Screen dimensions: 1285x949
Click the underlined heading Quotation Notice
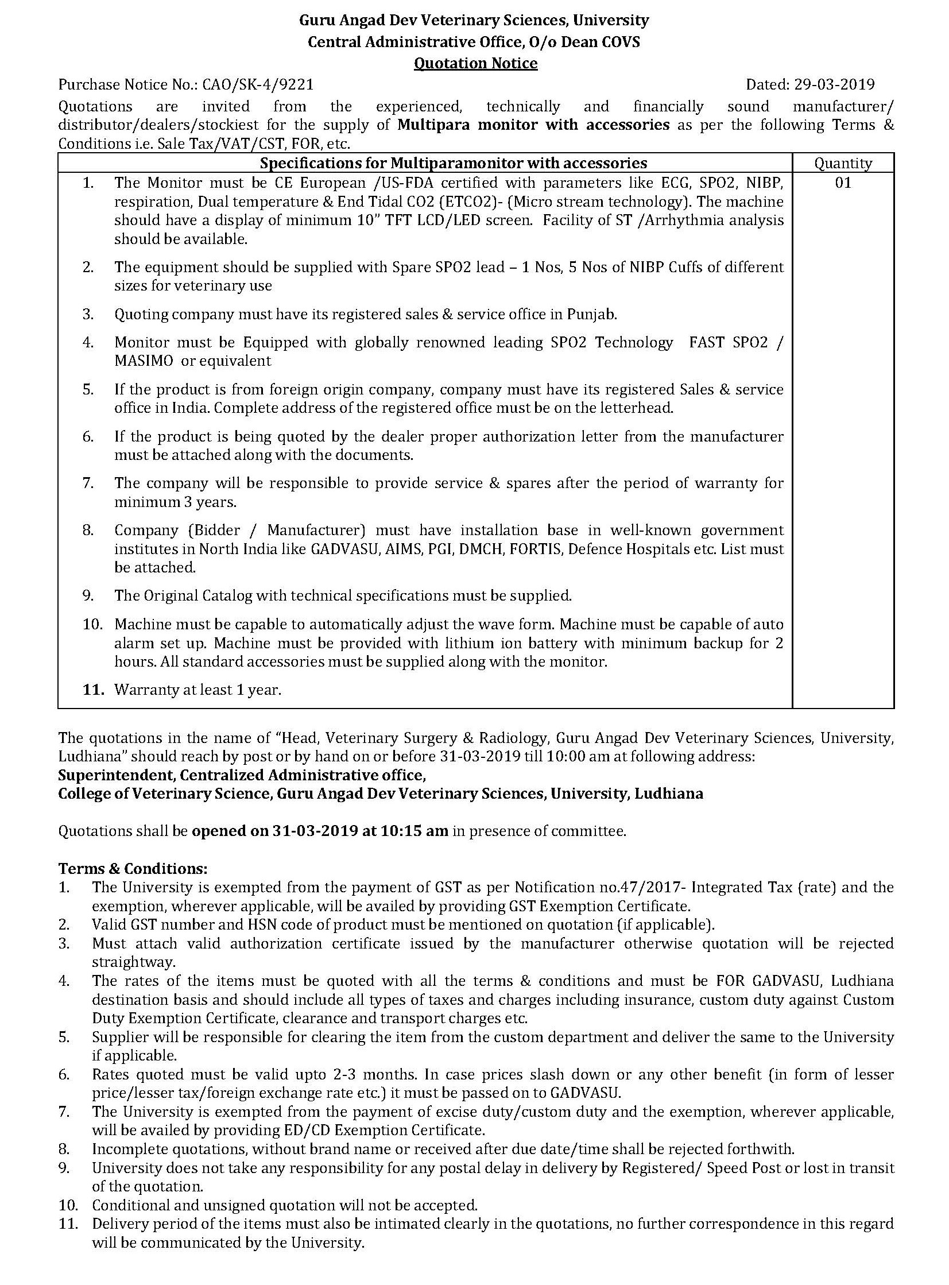tap(476, 63)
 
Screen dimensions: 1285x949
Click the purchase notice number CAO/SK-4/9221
tap(258, 85)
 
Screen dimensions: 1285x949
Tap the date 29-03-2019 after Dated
tap(834, 85)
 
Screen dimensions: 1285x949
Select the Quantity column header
tap(843, 163)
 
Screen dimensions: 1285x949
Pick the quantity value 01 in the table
tap(843, 183)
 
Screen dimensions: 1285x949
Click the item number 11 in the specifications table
tap(92, 690)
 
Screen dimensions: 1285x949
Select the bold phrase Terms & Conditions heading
tap(133, 868)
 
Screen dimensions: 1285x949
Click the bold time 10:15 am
tap(414, 831)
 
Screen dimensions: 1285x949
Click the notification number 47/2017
tap(651, 887)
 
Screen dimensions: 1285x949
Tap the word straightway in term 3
tap(133, 962)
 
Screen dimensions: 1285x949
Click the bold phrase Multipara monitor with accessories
tap(534, 125)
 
